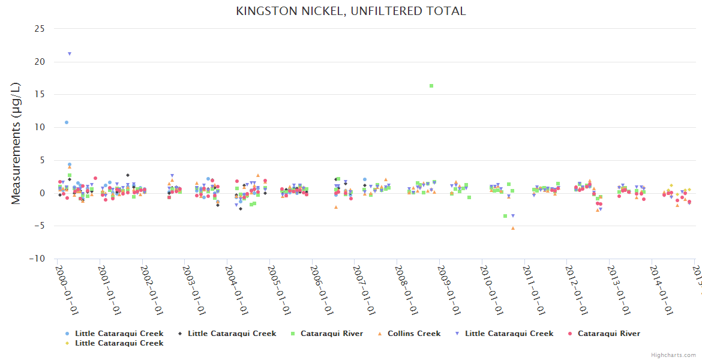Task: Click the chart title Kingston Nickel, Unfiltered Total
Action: click(351, 11)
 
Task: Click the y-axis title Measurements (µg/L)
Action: click(16, 143)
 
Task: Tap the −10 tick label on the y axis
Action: click(37, 259)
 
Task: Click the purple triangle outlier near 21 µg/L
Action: click(70, 54)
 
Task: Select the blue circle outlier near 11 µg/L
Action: click(67, 122)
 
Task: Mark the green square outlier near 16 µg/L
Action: click(431, 86)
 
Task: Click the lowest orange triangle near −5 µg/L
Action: click(513, 228)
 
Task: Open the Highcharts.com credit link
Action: click(674, 355)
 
